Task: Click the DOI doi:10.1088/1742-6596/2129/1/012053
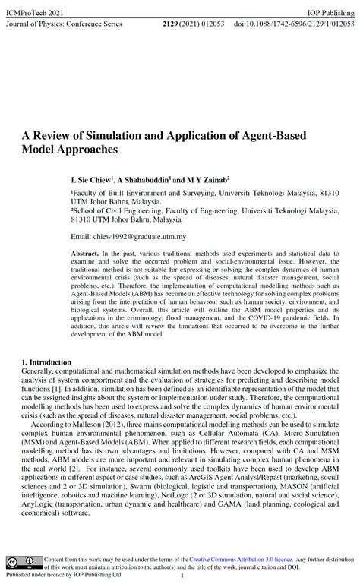[294, 24]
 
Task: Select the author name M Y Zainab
[207, 181]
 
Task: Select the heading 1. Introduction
[46, 362]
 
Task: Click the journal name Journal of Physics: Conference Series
[64, 24]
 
